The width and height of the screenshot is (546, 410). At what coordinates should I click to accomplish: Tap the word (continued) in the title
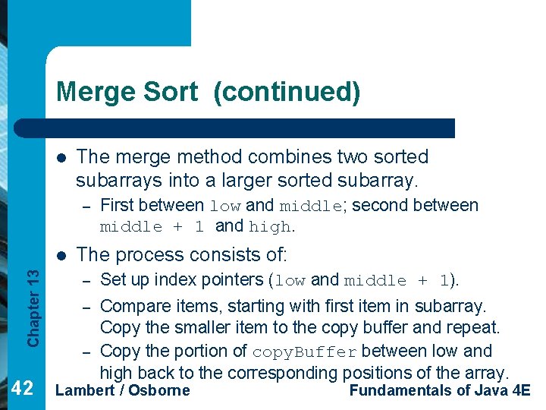287,92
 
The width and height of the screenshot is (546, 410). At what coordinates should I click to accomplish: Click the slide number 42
24,389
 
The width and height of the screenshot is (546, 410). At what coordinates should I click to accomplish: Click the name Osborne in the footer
159,390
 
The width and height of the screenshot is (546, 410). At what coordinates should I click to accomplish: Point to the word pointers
227,279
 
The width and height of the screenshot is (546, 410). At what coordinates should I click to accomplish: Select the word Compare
132,306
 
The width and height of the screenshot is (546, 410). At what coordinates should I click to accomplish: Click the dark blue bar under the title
250,128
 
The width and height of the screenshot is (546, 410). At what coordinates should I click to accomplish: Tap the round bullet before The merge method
61,158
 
